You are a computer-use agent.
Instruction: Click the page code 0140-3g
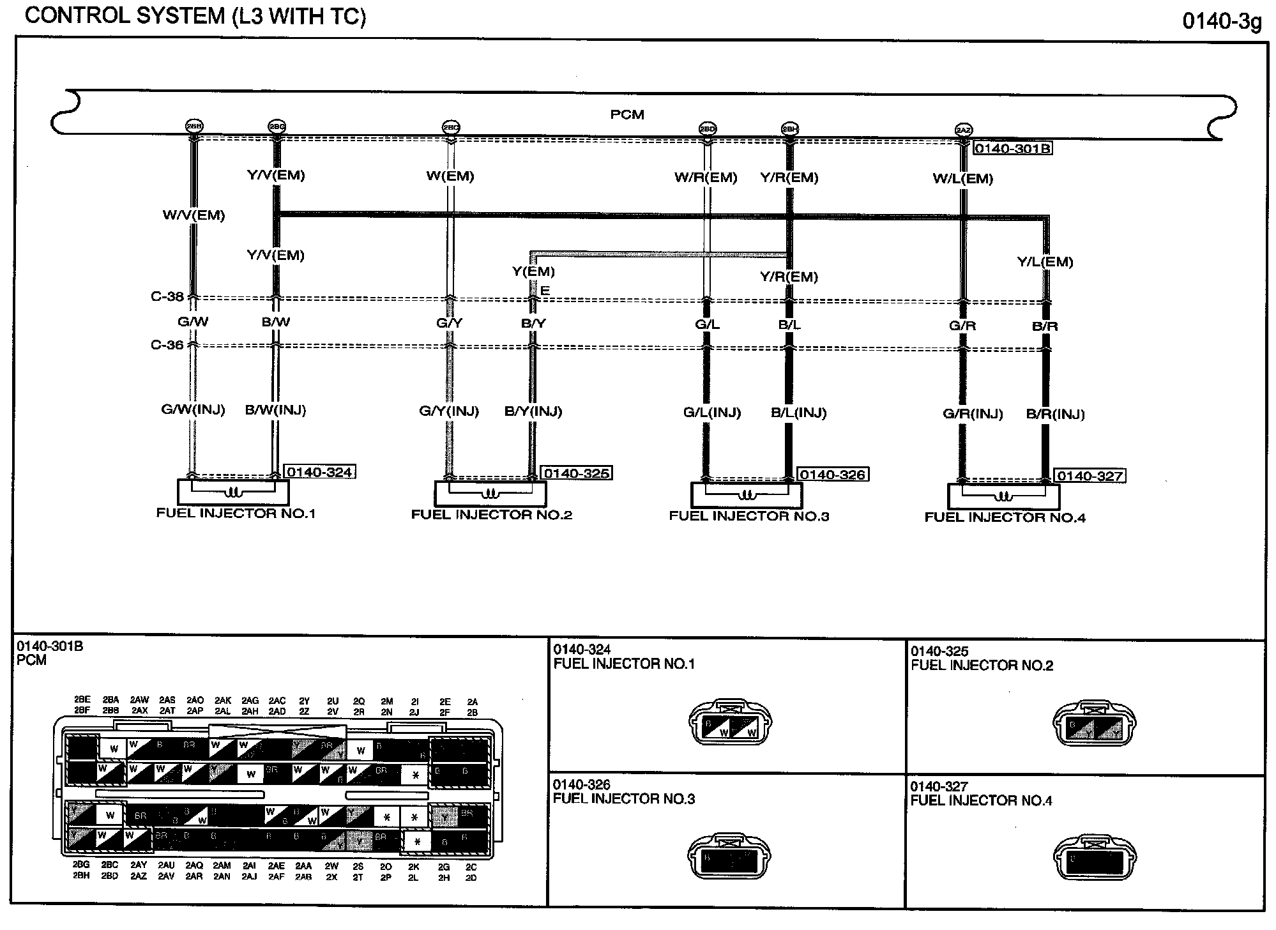[x=1222, y=22]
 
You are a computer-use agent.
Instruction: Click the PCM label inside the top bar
[x=627, y=115]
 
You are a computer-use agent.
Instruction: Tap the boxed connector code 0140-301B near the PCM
[x=1012, y=149]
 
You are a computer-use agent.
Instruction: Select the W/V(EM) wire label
[x=194, y=216]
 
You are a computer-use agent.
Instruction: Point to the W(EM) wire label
[x=450, y=176]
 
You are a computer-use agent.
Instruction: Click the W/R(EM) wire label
[x=706, y=178]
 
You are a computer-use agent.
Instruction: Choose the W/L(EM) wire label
[x=963, y=179]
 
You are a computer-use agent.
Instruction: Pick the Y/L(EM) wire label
[x=1045, y=262]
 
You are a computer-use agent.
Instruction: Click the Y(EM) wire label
[x=533, y=271]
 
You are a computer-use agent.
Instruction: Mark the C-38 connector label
[x=167, y=296]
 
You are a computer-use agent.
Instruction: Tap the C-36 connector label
[x=167, y=345]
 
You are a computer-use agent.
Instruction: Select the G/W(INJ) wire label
[x=193, y=410]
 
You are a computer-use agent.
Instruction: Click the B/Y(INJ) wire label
[x=533, y=411]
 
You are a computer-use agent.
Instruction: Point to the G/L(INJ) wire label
[x=712, y=413]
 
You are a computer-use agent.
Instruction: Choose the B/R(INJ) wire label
[x=1055, y=415]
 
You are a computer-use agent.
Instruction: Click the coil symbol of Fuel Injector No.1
[x=234, y=493]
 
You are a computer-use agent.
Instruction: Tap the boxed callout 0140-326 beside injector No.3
[x=832, y=475]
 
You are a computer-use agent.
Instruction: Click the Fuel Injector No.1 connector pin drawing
[x=730, y=724]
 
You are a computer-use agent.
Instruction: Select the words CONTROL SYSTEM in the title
[x=125, y=16]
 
